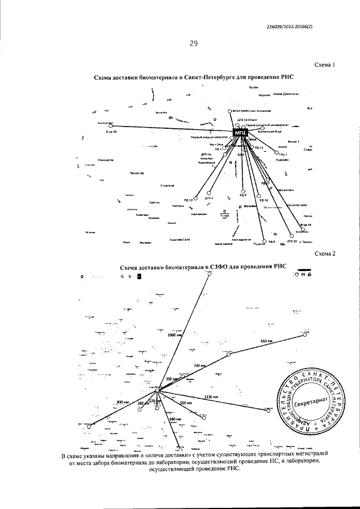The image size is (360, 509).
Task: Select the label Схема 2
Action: pyautogui.click(x=325, y=254)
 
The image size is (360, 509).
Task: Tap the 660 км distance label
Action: pyautogui.click(x=267, y=341)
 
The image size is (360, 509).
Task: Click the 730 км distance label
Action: pyautogui.click(x=200, y=366)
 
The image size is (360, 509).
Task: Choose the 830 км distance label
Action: pyautogui.click(x=123, y=402)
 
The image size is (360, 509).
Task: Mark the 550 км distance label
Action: pyautogui.click(x=186, y=403)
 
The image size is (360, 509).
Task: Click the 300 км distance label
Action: pyautogui.click(x=171, y=380)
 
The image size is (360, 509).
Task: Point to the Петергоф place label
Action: pyautogui.click(x=137, y=173)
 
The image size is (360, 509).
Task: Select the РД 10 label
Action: pyautogui.click(x=188, y=200)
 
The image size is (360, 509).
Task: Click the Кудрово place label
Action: pyautogui.click(x=282, y=160)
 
